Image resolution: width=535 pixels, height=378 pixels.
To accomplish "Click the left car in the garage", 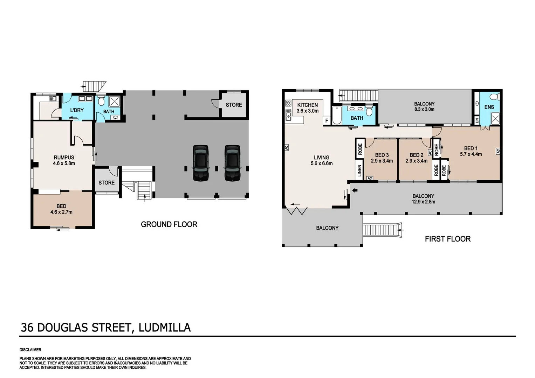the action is (201, 163).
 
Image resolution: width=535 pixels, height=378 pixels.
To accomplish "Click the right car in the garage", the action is (232, 163).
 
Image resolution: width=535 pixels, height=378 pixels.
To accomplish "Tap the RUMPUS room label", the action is (64, 157).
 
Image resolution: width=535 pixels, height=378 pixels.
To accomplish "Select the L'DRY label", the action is (77, 110).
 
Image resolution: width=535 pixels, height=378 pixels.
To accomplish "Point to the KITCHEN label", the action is (307, 105).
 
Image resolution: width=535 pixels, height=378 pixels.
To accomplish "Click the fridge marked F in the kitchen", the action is (327, 121).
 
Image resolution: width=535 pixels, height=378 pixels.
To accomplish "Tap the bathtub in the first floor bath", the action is (337, 115).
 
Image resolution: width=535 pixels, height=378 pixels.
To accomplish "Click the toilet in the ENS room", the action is (494, 97).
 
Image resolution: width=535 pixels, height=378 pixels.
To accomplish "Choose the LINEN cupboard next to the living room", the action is (359, 171).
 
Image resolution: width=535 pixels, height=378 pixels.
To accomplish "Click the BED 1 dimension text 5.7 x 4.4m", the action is (471, 154).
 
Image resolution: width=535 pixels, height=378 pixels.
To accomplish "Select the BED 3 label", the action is (382, 155).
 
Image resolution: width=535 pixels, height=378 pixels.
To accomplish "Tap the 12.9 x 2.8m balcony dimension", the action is (423, 202).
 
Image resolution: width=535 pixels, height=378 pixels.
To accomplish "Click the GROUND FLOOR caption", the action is (169, 225).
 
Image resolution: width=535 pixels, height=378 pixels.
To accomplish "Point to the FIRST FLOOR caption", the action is (447, 239).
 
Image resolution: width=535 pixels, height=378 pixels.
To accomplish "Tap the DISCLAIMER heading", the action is (30, 350).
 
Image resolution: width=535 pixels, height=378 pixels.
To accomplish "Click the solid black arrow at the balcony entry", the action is (355, 190).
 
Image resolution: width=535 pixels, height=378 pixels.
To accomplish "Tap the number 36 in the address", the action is (27, 328).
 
